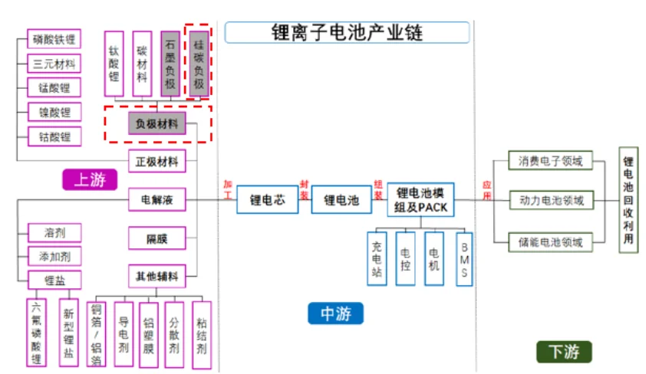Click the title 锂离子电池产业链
(x=348, y=32)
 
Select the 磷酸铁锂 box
(x=54, y=39)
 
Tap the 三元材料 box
(x=54, y=64)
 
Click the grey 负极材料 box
(x=157, y=123)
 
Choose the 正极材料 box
(x=157, y=161)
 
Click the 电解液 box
(x=157, y=201)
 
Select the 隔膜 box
(x=157, y=239)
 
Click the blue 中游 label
(x=336, y=313)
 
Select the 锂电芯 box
(x=267, y=200)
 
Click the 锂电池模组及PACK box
(x=421, y=200)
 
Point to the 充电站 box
(x=377, y=258)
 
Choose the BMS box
(x=463, y=258)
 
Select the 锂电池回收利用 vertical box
(x=628, y=201)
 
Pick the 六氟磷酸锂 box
(x=36, y=332)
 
